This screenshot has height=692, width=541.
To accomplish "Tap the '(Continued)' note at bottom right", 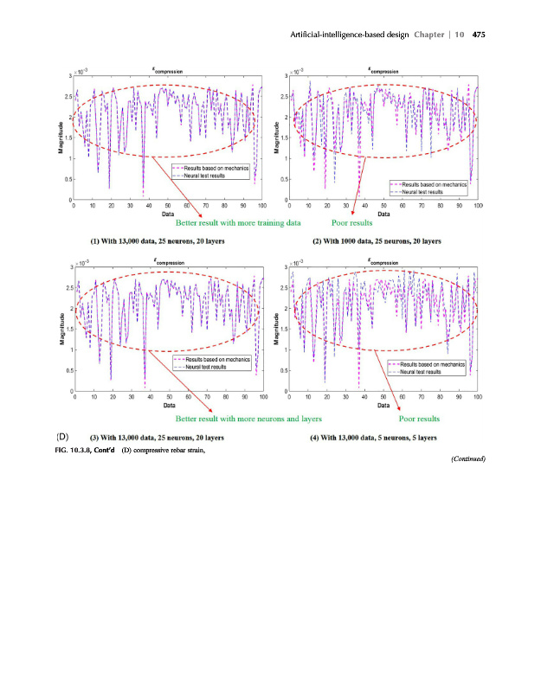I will pyautogui.click(x=468, y=459).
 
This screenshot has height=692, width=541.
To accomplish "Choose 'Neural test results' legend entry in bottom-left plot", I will pyautogui.click(x=203, y=367).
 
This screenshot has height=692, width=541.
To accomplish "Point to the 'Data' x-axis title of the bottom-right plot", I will pyautogui.click(x=384, y=405).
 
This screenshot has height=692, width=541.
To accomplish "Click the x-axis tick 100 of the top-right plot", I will pyautogui.click(x=477, y=206).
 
